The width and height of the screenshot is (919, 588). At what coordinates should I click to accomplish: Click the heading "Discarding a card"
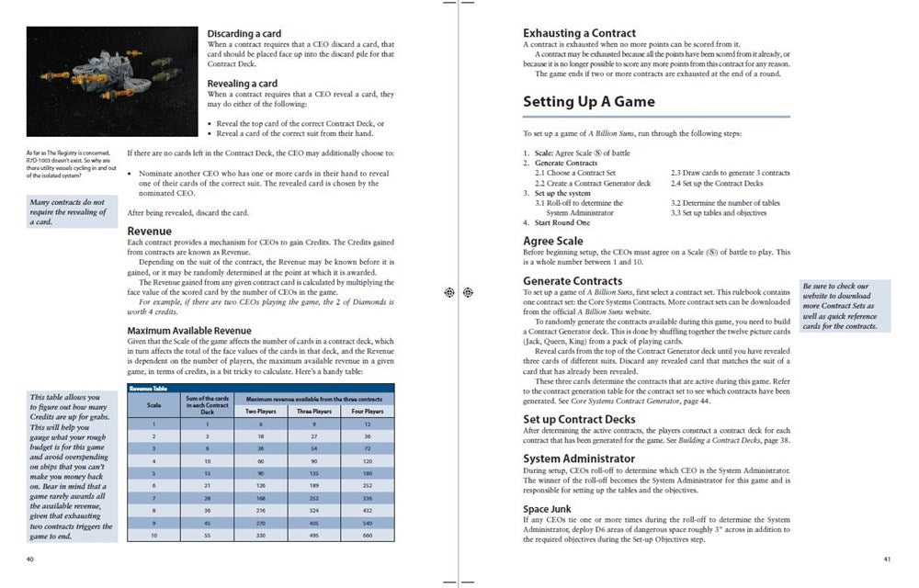244,34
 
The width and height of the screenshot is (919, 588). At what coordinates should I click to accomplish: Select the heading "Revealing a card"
242,84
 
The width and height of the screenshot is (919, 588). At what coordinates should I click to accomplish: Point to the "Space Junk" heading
548,508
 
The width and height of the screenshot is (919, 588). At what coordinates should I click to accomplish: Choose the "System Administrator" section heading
579,458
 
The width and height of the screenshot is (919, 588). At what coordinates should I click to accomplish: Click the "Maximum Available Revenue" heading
189,331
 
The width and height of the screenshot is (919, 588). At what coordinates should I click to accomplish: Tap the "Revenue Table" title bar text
148,389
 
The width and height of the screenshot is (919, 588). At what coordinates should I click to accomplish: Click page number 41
886,560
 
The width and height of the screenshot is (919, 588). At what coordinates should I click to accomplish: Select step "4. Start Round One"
557,223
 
